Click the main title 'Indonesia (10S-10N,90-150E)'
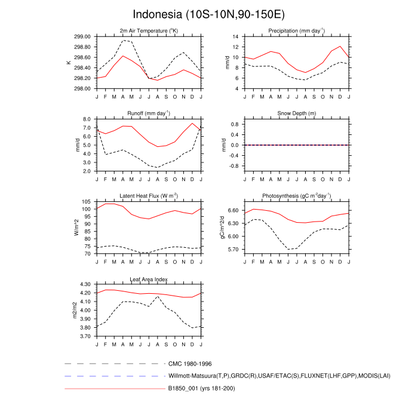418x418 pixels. pos(208,14)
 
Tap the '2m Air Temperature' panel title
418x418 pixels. pos(149,30)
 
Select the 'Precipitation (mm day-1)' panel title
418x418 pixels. pos(296,30)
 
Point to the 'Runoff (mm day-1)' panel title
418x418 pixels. pos(149,113)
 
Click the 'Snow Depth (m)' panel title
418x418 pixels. pos(296,113)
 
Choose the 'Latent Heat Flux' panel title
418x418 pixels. pos(149,196)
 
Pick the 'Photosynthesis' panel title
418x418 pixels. pos(296,196)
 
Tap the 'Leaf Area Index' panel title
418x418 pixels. pos(149,279)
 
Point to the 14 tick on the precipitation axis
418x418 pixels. pos(236,36)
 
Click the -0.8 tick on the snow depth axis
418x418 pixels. pos(234,165)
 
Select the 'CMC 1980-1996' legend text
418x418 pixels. pos(190,363)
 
